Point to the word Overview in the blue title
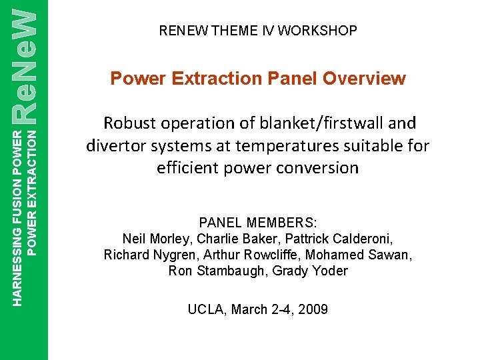[x=365, y=79]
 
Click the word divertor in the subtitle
[x=118, y=145]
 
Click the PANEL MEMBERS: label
[x=257, y=223]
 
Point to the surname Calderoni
[x=362, y=239]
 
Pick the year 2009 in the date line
[x=313, y=309]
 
